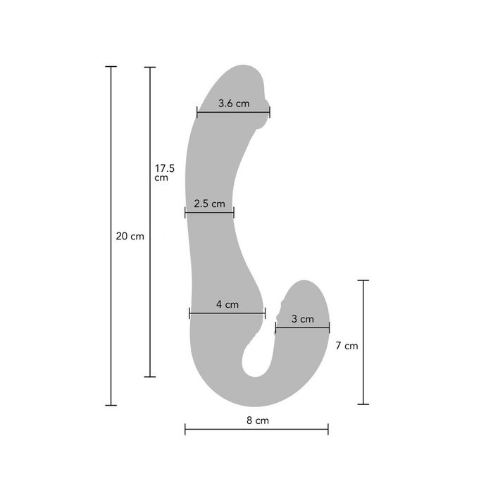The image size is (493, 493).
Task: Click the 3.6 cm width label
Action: (x=234, y=104)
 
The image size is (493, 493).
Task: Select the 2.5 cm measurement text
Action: (x=209, y=204)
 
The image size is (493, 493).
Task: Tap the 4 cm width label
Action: (x=227, y=305)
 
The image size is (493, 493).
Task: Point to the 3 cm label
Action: (x=302, y=319)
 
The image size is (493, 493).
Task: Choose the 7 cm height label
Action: (x=347, y=346)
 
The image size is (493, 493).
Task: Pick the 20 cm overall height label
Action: (x=130, y=237)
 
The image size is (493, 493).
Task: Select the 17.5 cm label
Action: (x=164, y=173)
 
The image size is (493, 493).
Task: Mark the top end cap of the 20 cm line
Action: (x=111, y=67)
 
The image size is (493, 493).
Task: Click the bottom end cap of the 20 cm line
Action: (x=111, y=405)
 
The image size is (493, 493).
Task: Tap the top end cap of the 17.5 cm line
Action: (x=149, y=67)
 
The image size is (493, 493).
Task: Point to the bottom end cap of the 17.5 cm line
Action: (x=149, y=377)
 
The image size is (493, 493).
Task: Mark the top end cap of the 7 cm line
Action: (x=363, y=280)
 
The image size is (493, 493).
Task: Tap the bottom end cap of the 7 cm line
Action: (x=363, y=404)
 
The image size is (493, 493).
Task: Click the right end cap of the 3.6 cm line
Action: (x=270, y=111)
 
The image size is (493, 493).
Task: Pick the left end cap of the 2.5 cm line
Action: (x=185, y=213)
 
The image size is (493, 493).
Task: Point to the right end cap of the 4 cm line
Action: (x=265, y=313)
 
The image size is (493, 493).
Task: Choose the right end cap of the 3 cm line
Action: (x=329, y=327)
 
